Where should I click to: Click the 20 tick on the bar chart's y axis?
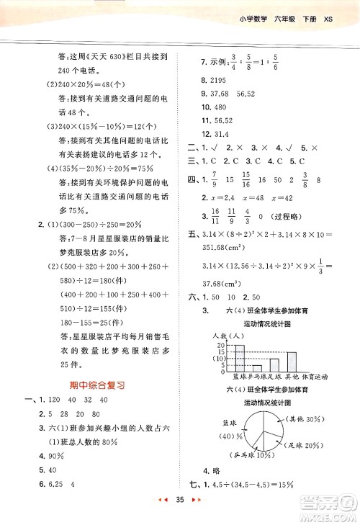(x=220, y=345)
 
